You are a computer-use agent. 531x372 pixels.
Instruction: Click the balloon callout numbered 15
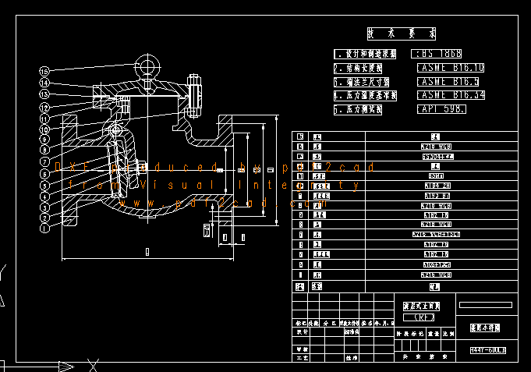click(44, 72)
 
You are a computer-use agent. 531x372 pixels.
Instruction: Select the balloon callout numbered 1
click(44, 229)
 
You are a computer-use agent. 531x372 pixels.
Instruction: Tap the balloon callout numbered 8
click(44, 150)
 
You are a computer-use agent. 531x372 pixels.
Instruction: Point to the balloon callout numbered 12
click(44, 106)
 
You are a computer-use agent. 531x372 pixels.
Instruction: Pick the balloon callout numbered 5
click(44, 186)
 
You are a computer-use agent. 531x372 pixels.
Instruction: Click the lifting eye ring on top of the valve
click(146, 63)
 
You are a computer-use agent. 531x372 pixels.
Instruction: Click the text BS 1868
click(441, 54)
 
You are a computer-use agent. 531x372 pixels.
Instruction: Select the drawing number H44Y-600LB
click(488, 350)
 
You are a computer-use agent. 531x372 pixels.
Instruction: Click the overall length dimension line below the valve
click(147, 257)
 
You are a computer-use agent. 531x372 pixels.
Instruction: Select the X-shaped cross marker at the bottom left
click(93, 364)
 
